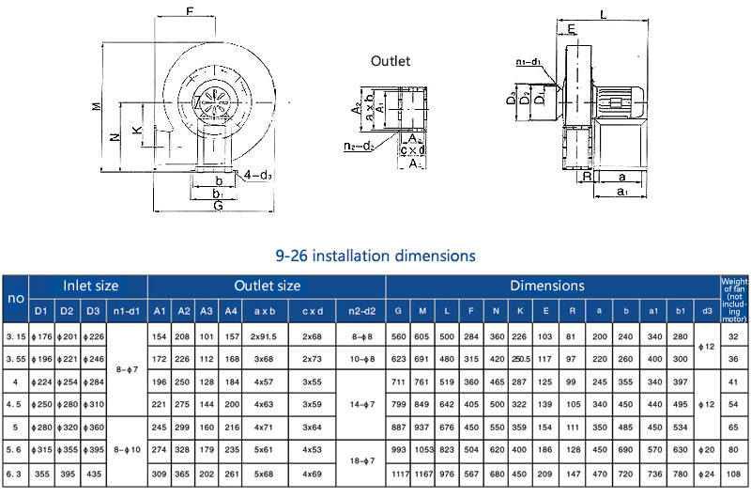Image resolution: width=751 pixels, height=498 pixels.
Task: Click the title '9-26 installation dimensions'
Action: [x=375, y=256]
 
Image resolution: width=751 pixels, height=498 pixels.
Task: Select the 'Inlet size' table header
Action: [x=90, y=286]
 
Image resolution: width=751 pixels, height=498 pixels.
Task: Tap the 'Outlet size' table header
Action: [x=267, y=286]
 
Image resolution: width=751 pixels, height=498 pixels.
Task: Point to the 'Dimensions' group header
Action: [x=547, y=286]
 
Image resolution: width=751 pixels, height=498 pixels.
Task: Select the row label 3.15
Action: [x=15, y=336]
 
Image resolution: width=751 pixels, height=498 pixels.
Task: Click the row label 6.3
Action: [x=15, y=475]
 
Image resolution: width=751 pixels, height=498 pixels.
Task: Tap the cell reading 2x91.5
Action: [x=265, y=336]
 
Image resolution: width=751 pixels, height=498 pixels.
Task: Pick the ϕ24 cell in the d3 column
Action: [x=706, y=475]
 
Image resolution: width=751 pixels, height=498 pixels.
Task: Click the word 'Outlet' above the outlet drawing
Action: [x=390, y=61]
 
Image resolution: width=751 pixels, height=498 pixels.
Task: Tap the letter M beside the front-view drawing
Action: [x=97, y=106]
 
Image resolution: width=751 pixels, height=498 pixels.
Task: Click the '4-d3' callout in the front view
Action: [x=257, y=175]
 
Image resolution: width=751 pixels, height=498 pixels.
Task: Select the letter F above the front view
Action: [x=191, y=12]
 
